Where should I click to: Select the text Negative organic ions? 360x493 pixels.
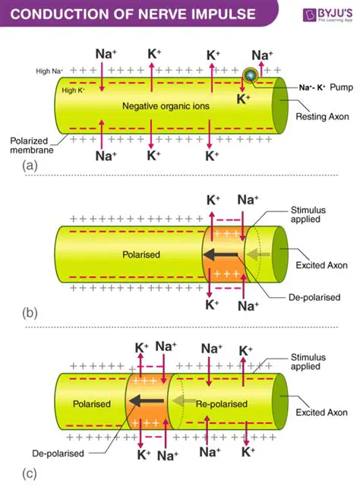[165, 106]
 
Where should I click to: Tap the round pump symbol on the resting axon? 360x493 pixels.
[251, 74]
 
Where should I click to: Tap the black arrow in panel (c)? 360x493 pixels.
[147, 403]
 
